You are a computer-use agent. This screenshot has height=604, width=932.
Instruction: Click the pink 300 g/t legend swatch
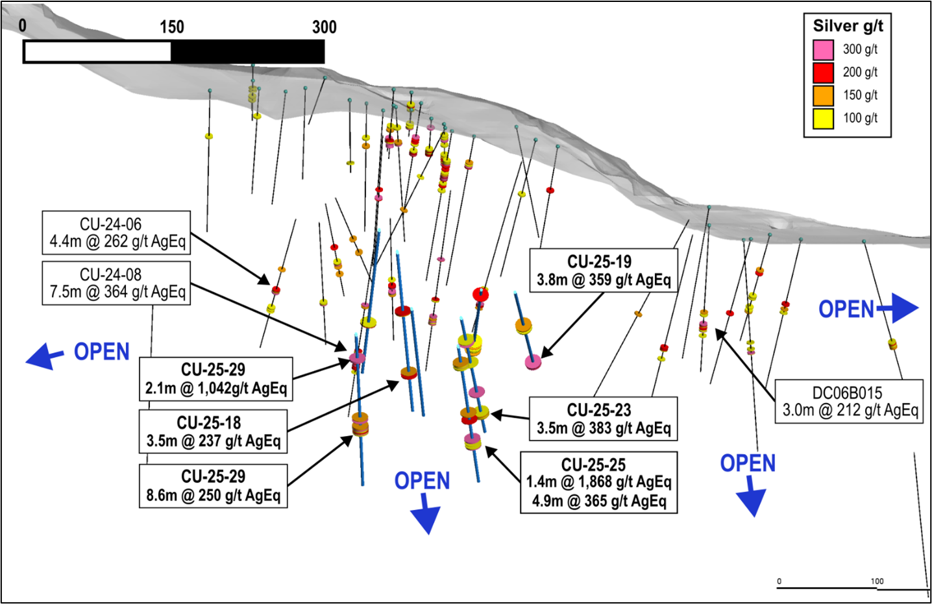coord(823,50)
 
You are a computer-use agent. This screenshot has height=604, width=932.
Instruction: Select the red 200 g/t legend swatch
coord(823,73)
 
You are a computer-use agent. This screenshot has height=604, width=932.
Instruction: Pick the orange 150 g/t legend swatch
coord(823,95)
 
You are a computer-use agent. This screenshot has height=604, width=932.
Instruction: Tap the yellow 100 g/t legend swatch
coord(823,118)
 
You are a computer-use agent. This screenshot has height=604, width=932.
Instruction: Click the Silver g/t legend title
coord(848,26)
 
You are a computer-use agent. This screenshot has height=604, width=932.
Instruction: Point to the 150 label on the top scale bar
coord(172,27)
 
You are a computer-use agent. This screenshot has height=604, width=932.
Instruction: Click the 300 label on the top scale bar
coord(324,27)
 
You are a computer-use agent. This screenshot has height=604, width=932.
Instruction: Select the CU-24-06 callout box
coord(117,233)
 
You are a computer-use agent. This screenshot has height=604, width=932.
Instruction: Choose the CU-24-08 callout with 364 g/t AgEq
coord(117,284)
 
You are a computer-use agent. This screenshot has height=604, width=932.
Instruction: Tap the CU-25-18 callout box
coord(213,432)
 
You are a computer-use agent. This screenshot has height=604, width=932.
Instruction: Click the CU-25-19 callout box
coord(604,271)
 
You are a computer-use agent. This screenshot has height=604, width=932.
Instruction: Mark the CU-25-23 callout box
coord(604,419)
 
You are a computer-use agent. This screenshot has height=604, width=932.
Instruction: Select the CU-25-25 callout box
coord(598,483)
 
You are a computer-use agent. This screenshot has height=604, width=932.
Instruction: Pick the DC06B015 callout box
coord(849,402)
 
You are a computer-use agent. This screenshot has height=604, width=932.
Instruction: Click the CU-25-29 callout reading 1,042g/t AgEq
coord(215,379)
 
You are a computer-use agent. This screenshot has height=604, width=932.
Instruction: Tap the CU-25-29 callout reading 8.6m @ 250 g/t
coord(213,486)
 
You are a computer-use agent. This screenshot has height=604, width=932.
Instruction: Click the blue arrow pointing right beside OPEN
coord(901,308)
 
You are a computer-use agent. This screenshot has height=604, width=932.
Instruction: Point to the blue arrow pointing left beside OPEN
coord(44,356)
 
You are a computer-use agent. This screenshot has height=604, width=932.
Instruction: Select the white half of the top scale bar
coord(97,52)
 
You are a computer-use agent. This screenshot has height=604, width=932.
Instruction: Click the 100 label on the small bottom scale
coord(877,581)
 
